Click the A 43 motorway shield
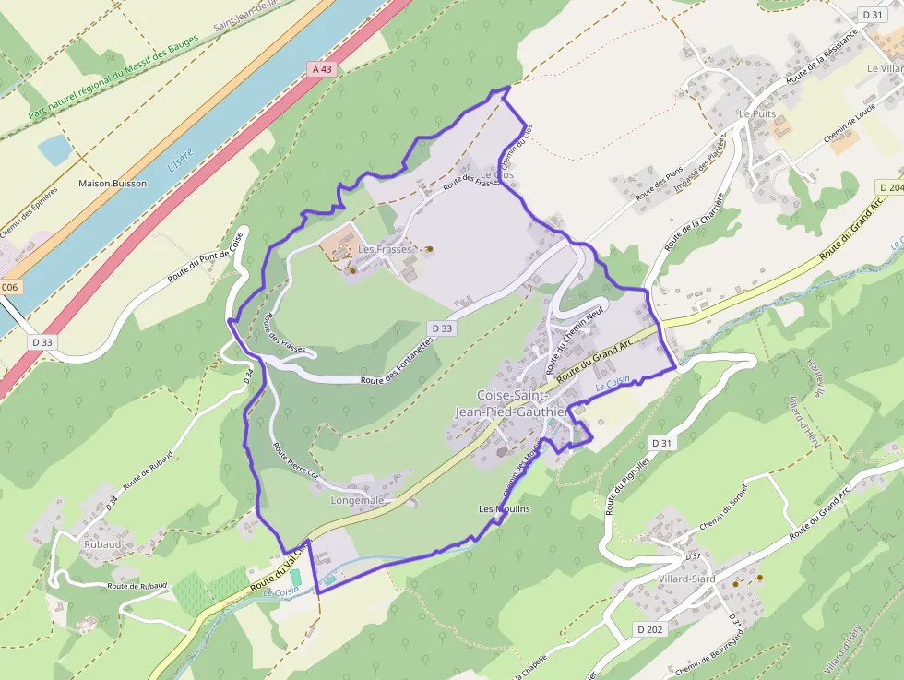pos(320,68)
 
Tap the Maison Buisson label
pos(113,184)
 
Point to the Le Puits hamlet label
pos(756,113)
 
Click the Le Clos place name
pos(497,173)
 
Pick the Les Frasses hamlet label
pos(385,249)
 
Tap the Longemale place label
pos(357,500)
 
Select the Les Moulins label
pos(504,509)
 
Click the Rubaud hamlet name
pos(102,544)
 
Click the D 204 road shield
pos(890,187)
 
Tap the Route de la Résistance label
pos(821,55)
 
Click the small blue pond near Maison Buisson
pos(54,149)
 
